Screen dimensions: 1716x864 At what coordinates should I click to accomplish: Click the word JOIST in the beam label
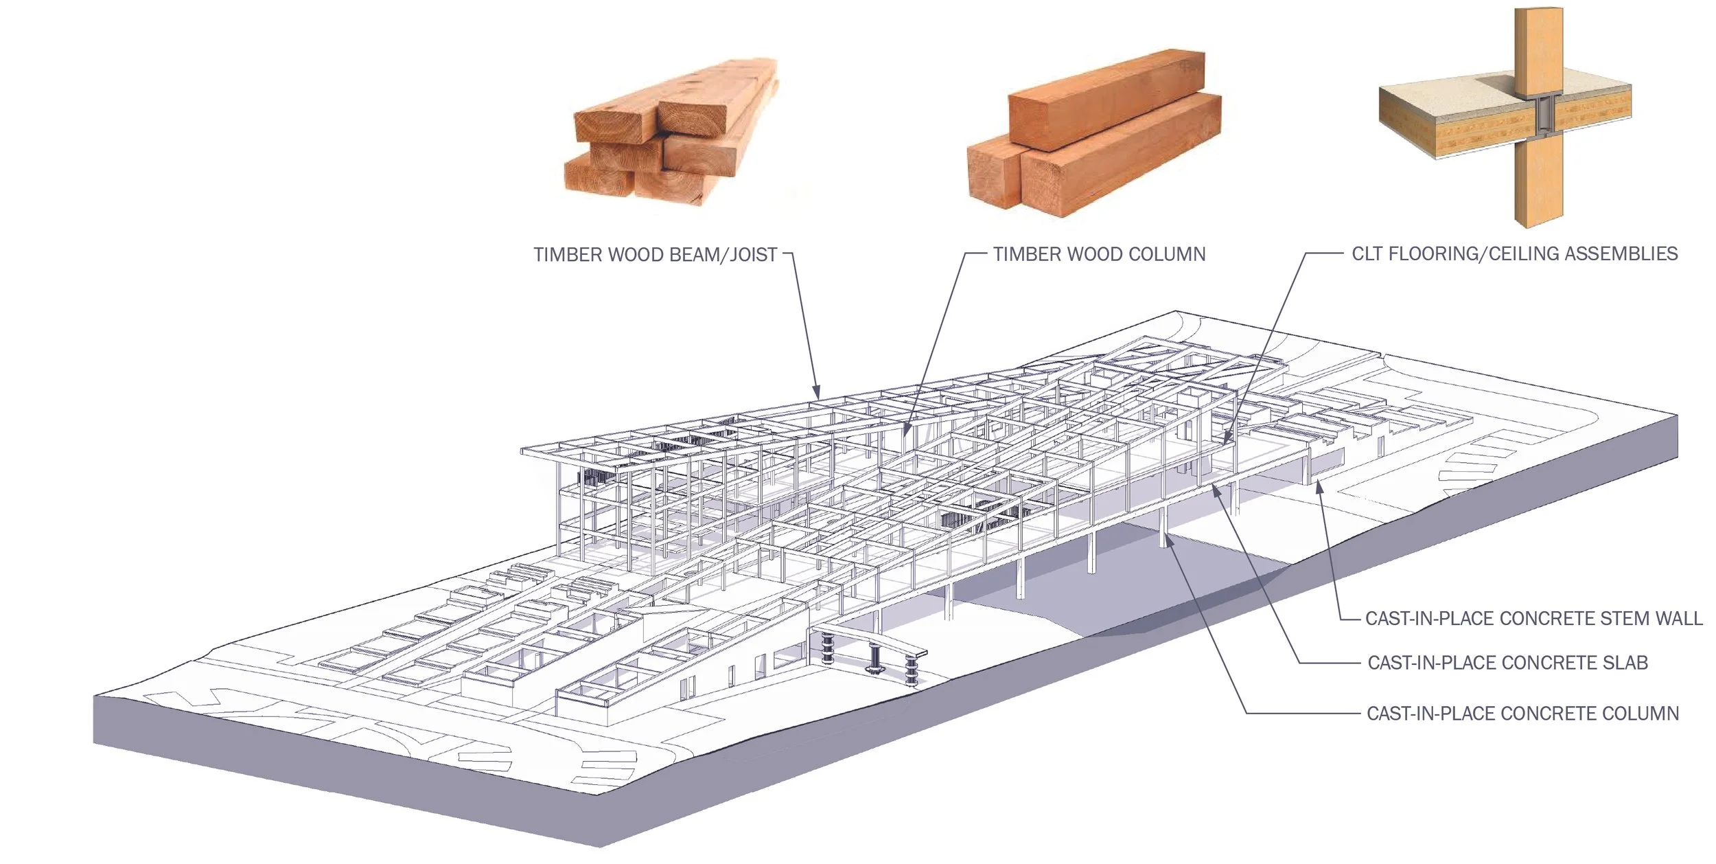click(x=753, y=255)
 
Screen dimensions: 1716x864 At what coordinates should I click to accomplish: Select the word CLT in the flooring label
click(x=1367, y=254)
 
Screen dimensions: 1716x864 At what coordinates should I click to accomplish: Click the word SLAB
click(x=1625, y=663)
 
